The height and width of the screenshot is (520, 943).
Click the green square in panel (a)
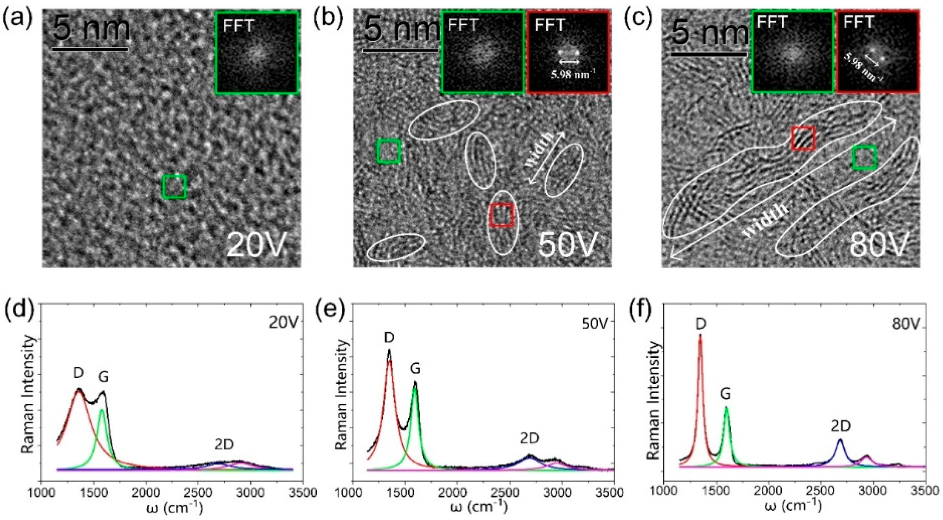click(174, 187)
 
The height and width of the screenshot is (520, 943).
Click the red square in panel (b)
click(502, 215)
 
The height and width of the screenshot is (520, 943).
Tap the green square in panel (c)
click(864, 157)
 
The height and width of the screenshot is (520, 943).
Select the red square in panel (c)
click(803, 138)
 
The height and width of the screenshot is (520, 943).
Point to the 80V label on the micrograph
click(879, 245)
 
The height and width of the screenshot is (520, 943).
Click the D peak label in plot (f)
click(700, 324)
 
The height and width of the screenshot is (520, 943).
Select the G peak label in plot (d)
click(103, 377)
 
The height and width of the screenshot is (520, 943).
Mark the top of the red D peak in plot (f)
click(700, 335)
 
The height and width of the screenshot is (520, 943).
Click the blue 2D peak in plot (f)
click(840, 440)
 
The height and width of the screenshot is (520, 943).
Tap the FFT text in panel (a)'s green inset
click(238, 26)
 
